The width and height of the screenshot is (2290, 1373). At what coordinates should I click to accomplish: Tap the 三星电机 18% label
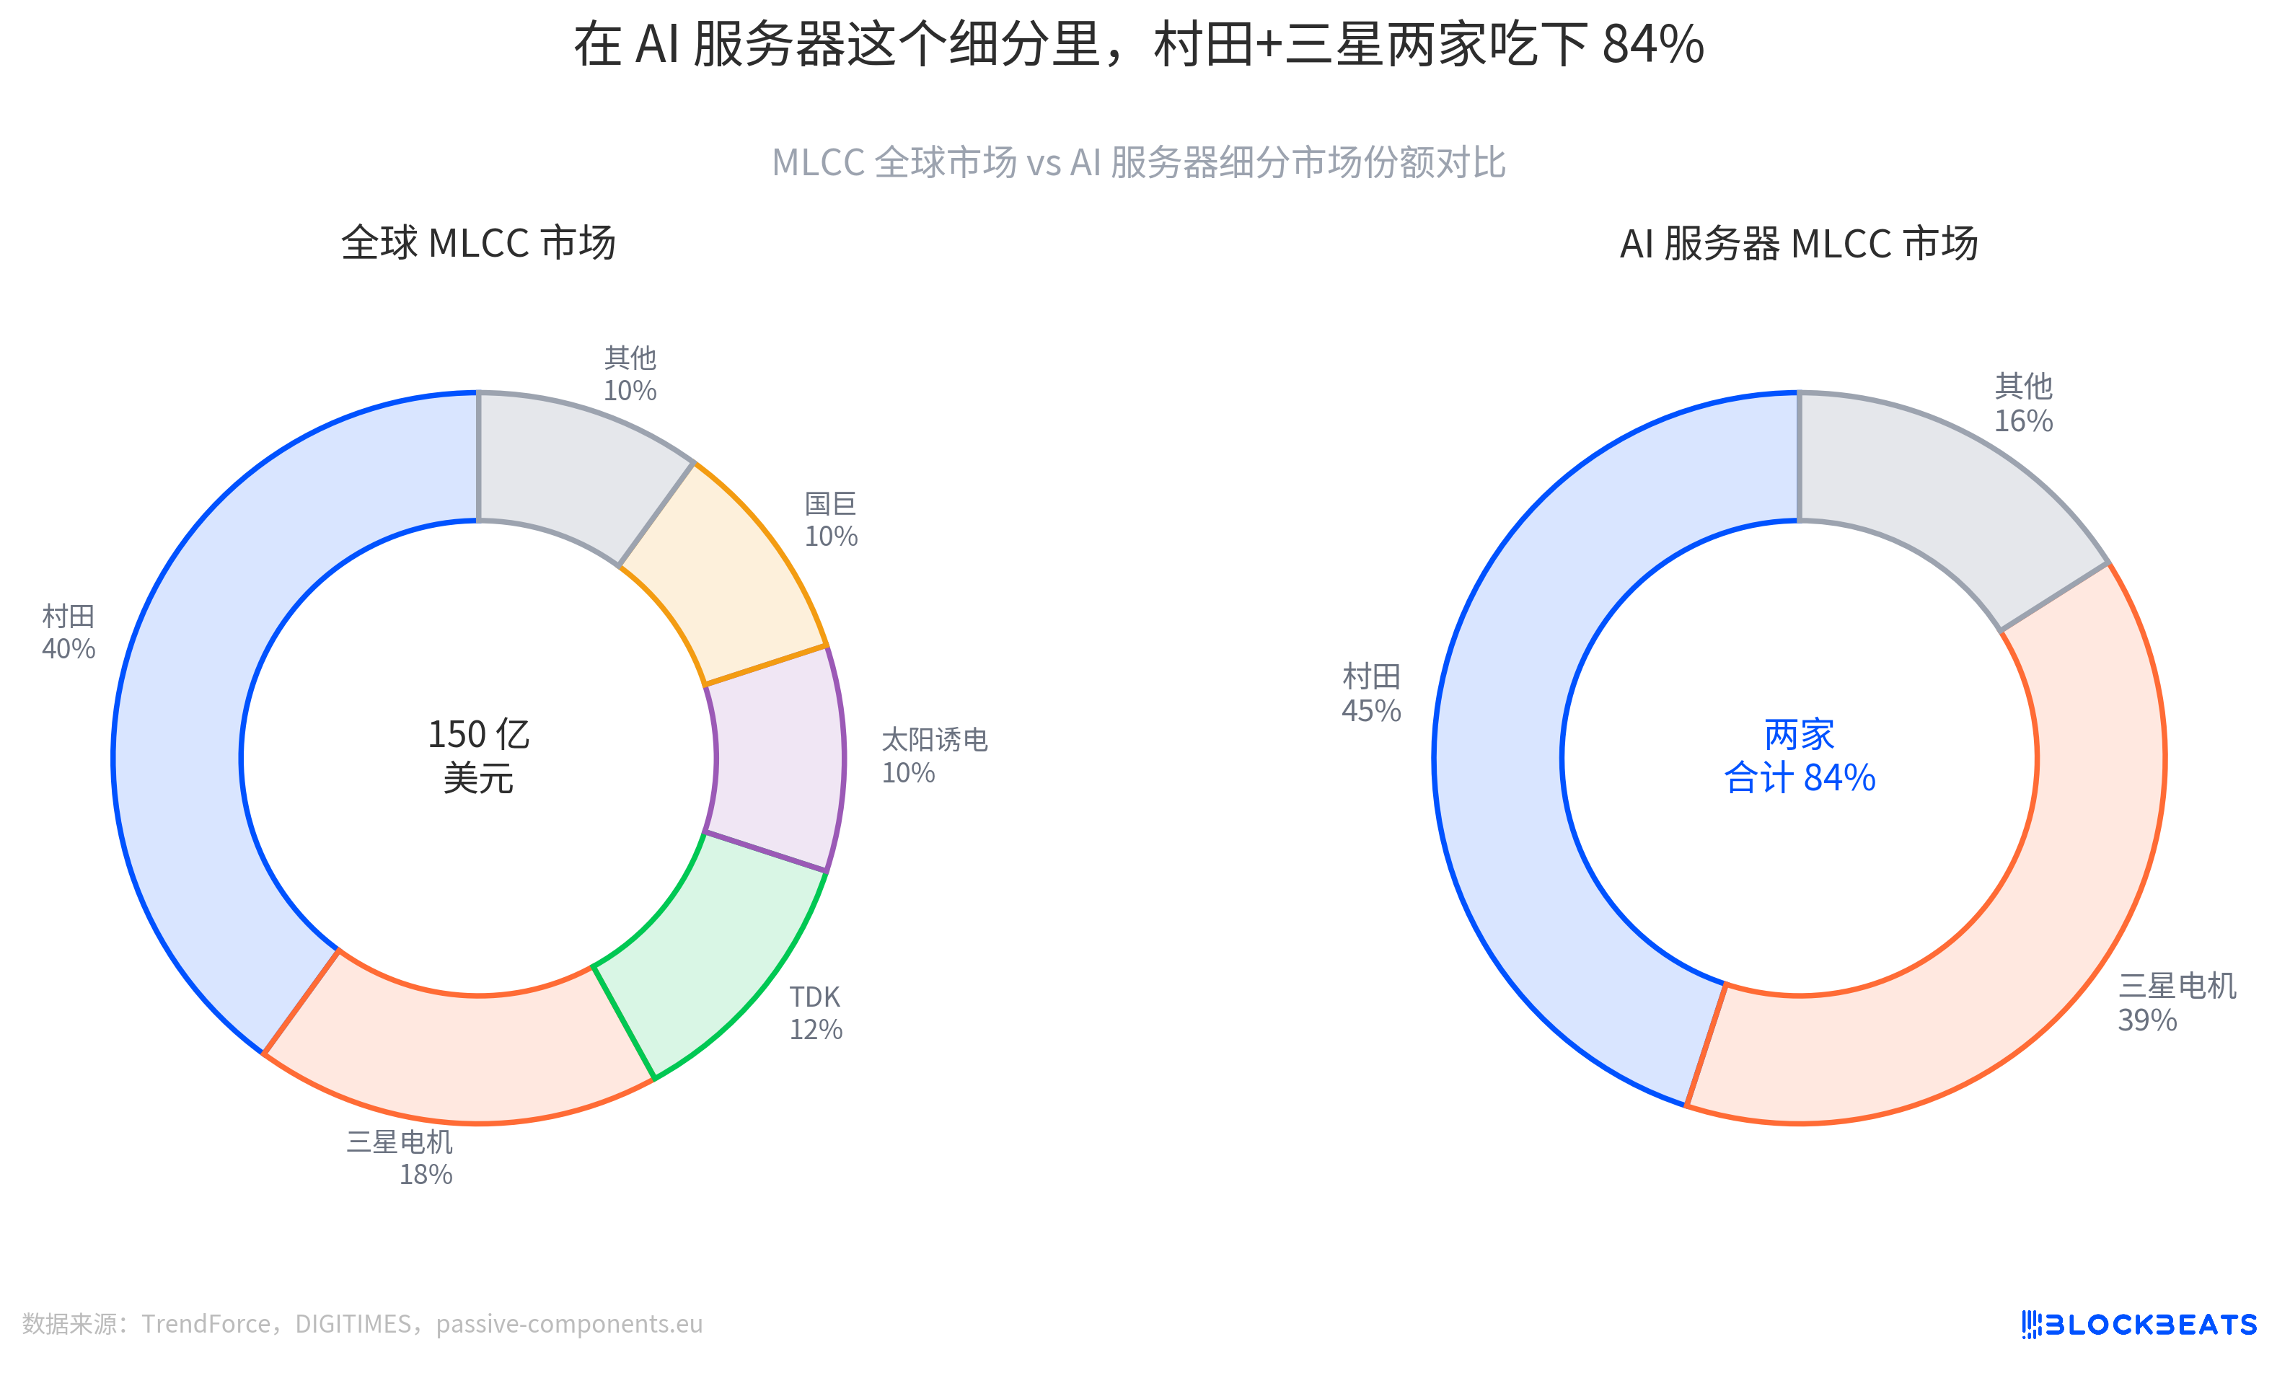coord(400,1157)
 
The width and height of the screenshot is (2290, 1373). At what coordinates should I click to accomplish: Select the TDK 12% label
coord(815,1013)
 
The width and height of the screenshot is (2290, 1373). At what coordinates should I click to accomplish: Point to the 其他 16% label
coord(2022,403)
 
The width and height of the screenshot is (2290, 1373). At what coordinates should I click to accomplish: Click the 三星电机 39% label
coord(2176,1003)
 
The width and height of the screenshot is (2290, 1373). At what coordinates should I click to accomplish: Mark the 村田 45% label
coord(1371,694)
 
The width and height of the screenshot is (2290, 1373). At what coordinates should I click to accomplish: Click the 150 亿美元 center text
coord(478,756)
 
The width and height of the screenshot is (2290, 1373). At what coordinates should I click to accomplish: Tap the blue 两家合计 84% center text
coord(1799,756)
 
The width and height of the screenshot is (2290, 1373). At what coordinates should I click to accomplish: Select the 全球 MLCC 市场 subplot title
coord(478,243)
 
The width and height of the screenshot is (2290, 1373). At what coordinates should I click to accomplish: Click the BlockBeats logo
coord(2139,1324)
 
